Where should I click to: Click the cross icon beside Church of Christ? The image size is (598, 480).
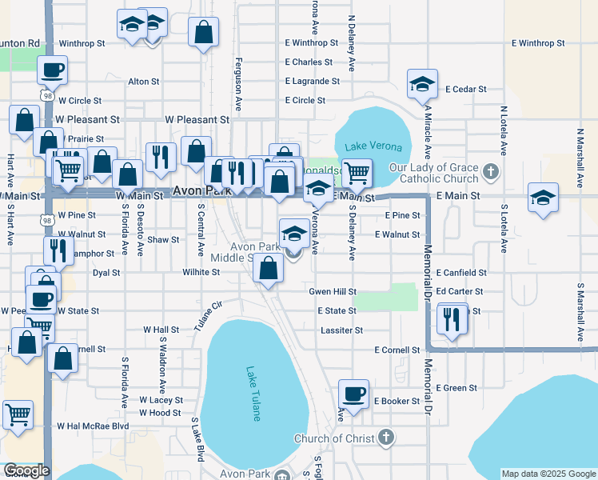[x=386, y=437]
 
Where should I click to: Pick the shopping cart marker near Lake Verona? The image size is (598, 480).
[x=357, y=171]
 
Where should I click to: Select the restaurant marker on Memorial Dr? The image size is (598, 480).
[x=452, y=319]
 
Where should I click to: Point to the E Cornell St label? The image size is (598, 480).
[x=397, y=350]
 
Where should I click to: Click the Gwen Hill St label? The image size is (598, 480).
[x=333, y=292]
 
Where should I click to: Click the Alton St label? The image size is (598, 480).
[x=144, y=82]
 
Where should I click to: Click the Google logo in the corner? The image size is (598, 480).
[x=26, y=470]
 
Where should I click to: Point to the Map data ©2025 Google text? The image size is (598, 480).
[x=548, y=474]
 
